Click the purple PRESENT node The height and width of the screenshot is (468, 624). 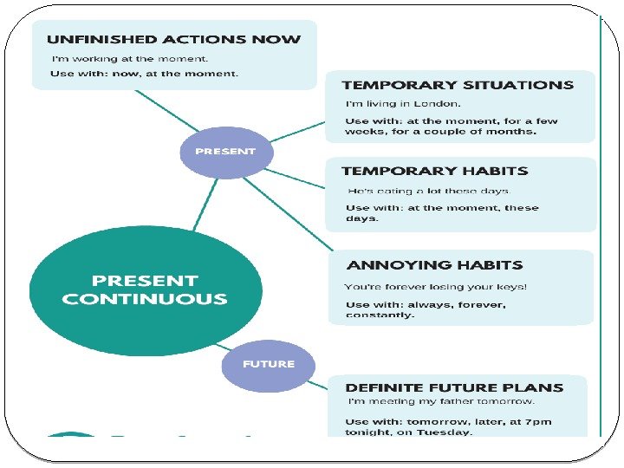click(x=225, y=152)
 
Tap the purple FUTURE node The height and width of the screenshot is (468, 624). click(x=268, y=364)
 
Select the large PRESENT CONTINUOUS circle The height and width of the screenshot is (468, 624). click(x=145, y=290)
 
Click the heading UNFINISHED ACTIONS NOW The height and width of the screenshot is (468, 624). click(x=173, y=39)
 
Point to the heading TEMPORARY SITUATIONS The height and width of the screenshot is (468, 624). click(x=458, y=85)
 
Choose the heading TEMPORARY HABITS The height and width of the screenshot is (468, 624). click(x=434, y=172)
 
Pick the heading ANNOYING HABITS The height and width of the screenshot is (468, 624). click(x=434, y=265)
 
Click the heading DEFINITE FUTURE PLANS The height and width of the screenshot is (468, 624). click(x=454, y=387)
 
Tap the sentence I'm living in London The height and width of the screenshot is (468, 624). click(x=392, y=104)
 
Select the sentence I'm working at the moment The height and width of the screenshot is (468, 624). click(x=130, y=58)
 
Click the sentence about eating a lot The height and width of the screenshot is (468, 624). click(x=429, y=191)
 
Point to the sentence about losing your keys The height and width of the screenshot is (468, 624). click(x=435, y=287)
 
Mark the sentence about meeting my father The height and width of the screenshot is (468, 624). click(x=441, y=401)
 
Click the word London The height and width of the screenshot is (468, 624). click(x=418, y=104)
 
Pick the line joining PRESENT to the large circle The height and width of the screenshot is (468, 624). click(x=205, y=205)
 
